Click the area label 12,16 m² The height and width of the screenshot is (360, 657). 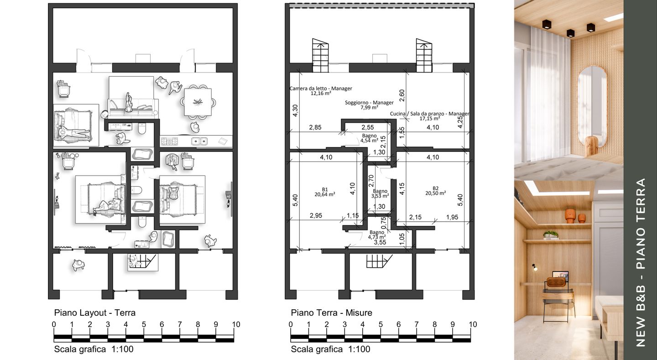(x=321, y=93)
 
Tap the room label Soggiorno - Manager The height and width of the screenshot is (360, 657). (x=369, y=102)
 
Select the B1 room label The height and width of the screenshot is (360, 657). (x=325, y=189)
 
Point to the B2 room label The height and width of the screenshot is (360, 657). (x=436, y=188)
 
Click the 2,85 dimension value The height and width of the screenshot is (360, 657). (x=315, y=127)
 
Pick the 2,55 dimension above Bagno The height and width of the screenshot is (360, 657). (x=368, y=127)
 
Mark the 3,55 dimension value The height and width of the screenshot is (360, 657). (x=380, y=242)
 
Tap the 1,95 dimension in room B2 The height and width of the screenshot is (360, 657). (x=452, y=217)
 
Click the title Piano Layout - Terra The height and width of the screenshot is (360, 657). (x=95, y=313)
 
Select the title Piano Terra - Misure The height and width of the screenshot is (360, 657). (x=331, y=313)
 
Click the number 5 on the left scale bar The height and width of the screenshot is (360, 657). (x=144, y=324)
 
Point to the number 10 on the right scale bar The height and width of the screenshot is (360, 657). (x=473, y=324)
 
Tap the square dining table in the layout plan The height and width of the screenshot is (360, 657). (x=198, y=102)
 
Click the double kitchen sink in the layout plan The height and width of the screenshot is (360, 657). (x=199, y=141)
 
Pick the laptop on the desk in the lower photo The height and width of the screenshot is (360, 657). (x=560, y=277)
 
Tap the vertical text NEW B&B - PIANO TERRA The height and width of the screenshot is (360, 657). (x=641, y=262)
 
